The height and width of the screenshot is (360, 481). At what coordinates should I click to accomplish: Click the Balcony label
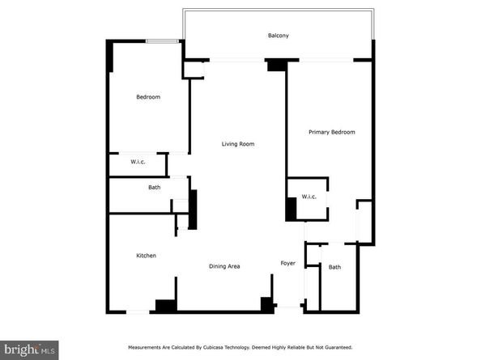[x=279, y=36]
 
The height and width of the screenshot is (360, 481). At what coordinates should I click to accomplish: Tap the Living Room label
[x=239, y=144]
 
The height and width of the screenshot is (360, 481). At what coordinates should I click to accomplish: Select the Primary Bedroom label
[x=332, y=132]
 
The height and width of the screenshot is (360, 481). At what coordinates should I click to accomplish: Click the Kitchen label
[x=146, y=256]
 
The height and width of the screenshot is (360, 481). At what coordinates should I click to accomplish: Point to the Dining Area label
[x=224, y=266]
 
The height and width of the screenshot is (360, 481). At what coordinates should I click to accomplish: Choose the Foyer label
[x=287, y=264]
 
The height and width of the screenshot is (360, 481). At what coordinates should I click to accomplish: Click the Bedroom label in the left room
[x=148, y=97]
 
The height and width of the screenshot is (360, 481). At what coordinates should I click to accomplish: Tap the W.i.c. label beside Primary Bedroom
[x=309, y=197]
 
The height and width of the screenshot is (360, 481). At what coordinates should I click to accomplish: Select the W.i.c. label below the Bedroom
[x=138, y=163]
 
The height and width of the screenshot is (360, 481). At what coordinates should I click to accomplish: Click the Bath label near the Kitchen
[x=154, y=188]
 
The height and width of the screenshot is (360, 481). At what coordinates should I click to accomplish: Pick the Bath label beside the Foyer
[x=334, y=267]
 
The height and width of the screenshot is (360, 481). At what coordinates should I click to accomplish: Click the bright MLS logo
[x=29, y=349]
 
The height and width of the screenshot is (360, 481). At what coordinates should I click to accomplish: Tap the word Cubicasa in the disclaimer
[x=218, y=347]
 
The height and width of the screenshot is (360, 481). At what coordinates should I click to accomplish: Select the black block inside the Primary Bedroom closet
[x=291, y=210]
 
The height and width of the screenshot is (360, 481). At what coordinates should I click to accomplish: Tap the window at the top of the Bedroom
[x=168, y=41]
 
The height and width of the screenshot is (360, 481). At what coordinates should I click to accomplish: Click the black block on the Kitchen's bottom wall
[x=166, y=305]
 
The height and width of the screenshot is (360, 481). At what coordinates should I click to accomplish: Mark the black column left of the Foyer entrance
[x=265, y=304]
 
